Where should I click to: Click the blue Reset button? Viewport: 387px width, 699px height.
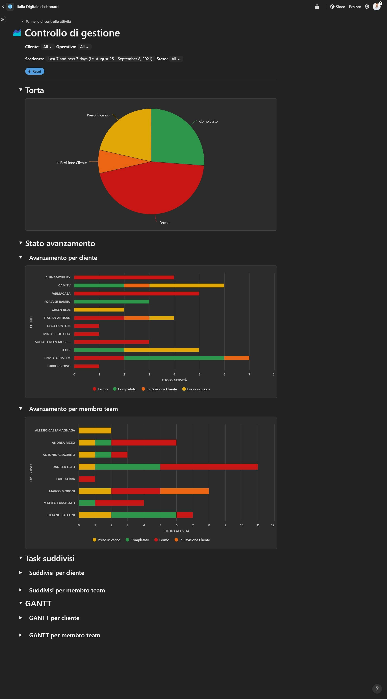35,71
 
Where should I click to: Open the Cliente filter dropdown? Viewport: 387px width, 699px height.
47,47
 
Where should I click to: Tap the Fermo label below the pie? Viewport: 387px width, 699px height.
164,223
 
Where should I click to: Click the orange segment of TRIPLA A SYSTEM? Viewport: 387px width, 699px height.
237,358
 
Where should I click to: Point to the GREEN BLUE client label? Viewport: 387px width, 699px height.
61,310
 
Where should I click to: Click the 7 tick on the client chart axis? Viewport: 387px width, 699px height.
249,374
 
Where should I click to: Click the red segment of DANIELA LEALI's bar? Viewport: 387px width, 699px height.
209,467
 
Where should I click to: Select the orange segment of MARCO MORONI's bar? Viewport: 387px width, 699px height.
184,491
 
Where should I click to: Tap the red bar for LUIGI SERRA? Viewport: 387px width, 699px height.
87,479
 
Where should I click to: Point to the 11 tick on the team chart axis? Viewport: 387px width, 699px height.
258,525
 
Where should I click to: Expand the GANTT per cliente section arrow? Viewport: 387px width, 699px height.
21,618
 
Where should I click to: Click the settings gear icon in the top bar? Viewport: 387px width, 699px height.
367,7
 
